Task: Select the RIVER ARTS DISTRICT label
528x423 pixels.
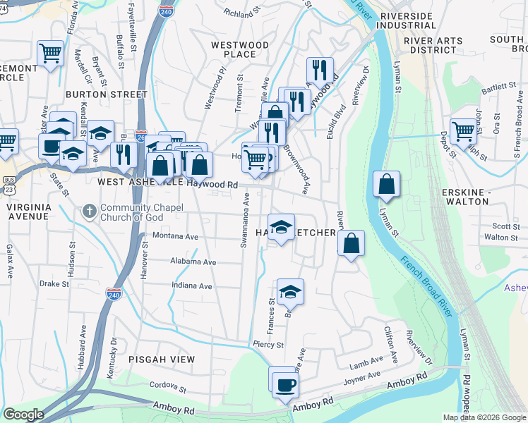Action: point(436,41)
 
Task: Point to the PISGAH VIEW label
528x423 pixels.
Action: point(162,360)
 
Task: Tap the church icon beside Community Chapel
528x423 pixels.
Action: point(89,211)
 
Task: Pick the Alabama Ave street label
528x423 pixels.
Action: point(193,262)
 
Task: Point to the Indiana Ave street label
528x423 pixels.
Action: point(192,286)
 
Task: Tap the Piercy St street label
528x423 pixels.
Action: point(268,345)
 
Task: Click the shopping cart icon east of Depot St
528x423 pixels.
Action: point(463,130)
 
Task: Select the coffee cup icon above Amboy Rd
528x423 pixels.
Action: point(286,386)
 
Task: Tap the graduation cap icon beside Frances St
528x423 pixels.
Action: point(289,290)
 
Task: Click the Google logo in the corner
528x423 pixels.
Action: point(23,415)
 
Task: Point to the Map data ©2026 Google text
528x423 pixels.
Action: point(484,417)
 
